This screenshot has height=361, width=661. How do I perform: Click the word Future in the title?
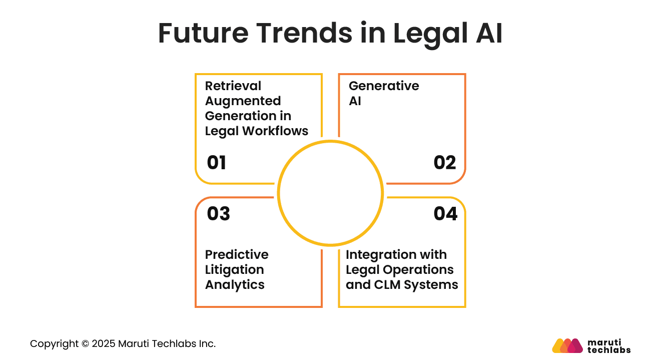click(x=203, y=34)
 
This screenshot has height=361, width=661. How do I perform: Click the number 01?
click(x=217, y=163)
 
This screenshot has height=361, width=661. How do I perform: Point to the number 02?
click(x=445, y=163)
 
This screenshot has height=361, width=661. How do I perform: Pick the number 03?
click(x=218, y=214)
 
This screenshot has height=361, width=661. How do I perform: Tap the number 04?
click(x=445, y=214)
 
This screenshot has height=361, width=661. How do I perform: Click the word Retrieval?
click(x=233, y=86)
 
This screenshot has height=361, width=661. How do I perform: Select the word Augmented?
click(x=243, y=101)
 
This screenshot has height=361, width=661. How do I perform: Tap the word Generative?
click(x=384, y=86)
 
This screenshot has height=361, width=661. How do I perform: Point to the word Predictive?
click(x=237, y=254)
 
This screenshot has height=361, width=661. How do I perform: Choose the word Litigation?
click(x=234, y=269)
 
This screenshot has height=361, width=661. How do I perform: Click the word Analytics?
click(x=235, y=284)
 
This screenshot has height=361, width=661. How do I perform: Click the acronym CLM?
click(x=386, y=284)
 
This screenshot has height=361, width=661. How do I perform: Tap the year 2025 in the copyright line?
click(x=104, y=344)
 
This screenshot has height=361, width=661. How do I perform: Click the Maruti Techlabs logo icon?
click(x=567, y=345)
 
